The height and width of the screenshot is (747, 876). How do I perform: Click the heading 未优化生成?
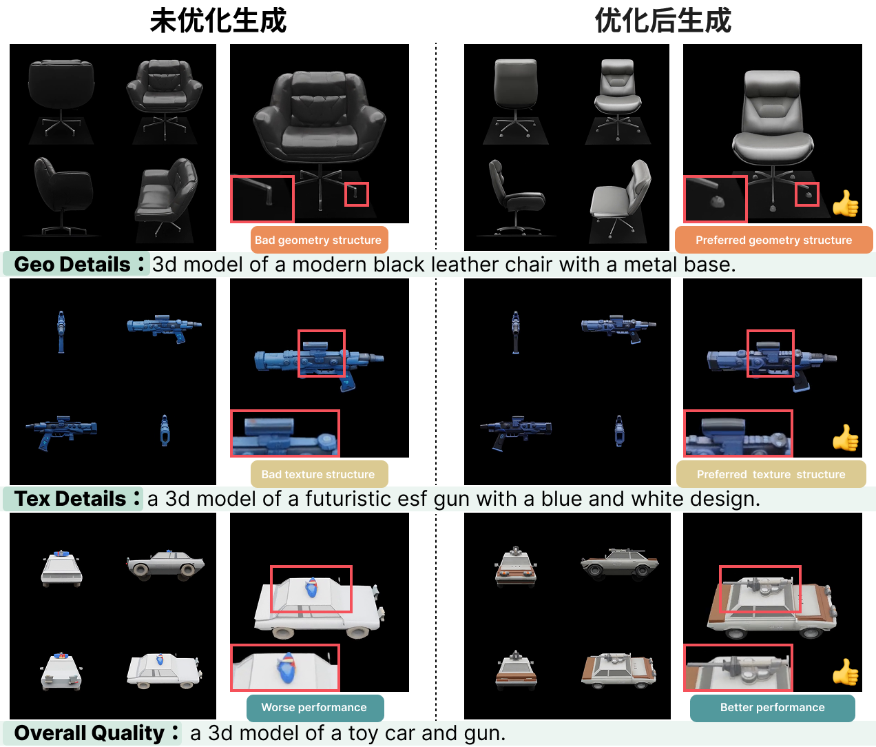[218, 21]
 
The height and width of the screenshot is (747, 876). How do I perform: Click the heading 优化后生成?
[663, 21]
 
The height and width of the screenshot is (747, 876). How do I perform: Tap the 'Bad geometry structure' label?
[319, 240]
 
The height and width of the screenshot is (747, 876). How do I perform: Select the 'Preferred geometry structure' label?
[774, 240]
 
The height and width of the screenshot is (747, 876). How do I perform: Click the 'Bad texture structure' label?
[319, 474]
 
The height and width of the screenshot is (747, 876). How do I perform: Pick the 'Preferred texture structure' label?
[771, 474]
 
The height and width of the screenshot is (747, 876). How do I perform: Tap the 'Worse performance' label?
[315, 708]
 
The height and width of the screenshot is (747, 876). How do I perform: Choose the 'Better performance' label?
[772, 708]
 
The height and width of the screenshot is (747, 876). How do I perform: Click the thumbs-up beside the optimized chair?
[846, 204]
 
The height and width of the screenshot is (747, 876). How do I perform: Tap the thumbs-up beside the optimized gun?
[846, 438]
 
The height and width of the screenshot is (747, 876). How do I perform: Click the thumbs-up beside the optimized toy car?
[846, 673]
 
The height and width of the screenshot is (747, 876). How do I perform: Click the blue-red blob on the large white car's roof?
[312, 588]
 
